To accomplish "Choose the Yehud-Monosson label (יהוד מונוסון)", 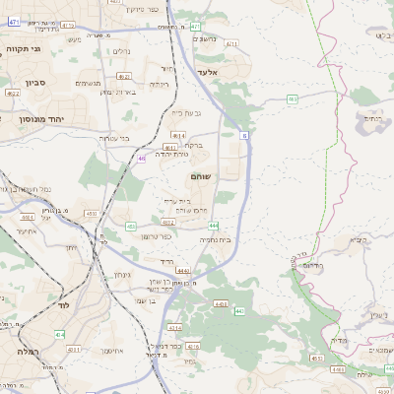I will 28,118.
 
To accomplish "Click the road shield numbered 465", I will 293,99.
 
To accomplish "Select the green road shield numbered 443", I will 238,310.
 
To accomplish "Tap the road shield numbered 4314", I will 60,335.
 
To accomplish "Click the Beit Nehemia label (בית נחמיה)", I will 216,239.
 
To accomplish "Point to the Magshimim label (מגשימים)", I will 88,84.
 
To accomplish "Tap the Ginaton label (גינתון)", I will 122,274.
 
